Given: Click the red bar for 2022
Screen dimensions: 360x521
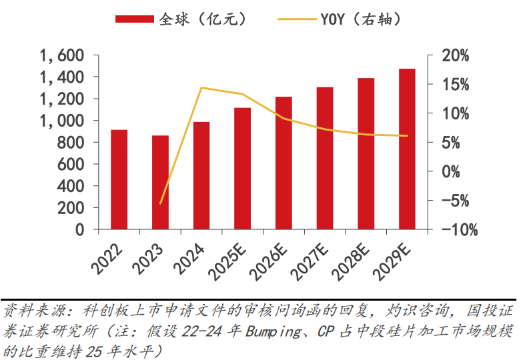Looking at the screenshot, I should (119, 179).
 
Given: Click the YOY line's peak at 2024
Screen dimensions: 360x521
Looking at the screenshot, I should (201, 88).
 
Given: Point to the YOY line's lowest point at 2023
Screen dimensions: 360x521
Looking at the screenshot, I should (160, 203).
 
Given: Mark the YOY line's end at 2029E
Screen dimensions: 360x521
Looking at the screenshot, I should (407, 136).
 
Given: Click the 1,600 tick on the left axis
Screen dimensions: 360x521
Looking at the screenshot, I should (61, 56).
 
